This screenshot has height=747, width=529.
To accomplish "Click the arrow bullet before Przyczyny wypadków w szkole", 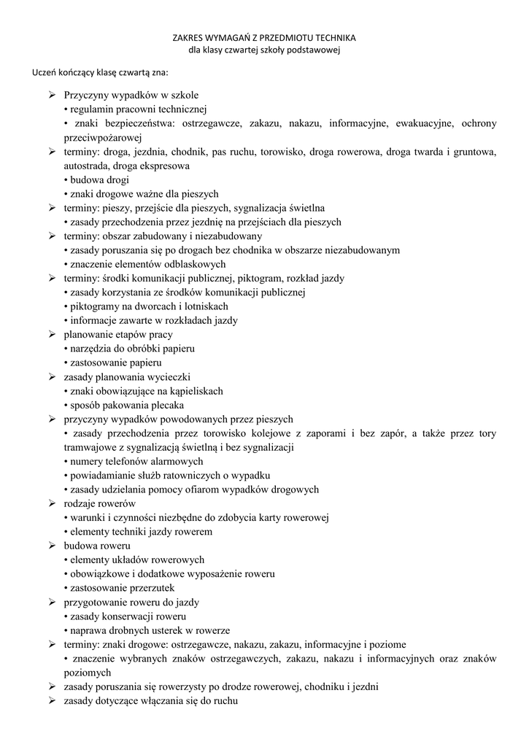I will coord(53,96).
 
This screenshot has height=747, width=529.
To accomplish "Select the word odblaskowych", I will coord(196,264).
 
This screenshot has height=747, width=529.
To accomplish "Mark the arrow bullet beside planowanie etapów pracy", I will coord(53,334).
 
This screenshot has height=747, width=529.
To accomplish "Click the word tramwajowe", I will coord(92,447).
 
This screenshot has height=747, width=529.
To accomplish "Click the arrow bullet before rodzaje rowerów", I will coord(53,503).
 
